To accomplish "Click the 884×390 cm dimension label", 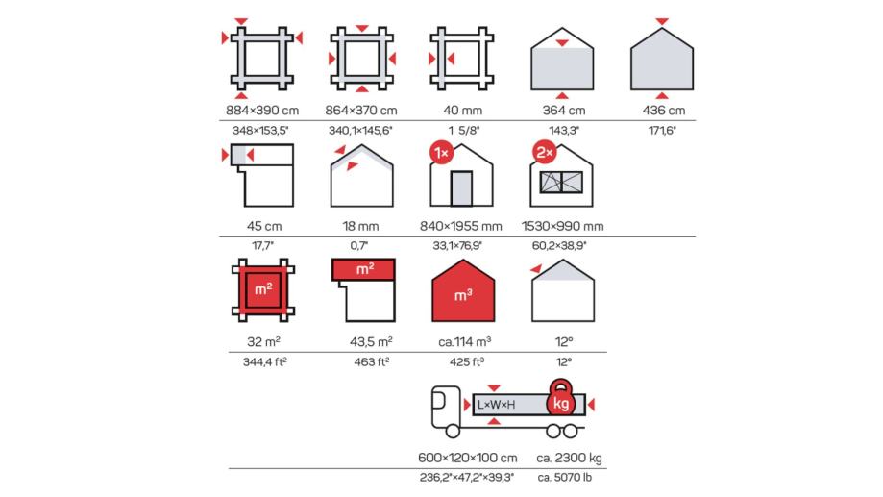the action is pos(262,111).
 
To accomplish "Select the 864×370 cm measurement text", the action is pos(361,111).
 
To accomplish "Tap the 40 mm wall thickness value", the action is pos(462,111).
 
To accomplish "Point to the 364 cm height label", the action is pos(564,111).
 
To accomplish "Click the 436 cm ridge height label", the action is pos(663,111).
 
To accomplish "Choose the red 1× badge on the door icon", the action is pos(442,153).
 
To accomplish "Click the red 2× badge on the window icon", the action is pos(545,152).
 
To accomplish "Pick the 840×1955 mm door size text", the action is pos(460,226).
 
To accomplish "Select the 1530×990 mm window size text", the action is pos(563,226).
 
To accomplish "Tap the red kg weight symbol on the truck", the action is pos(560,398).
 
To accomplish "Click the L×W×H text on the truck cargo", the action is pos(496,405).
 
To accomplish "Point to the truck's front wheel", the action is pos(453,431).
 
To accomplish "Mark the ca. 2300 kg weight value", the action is pos(569,459).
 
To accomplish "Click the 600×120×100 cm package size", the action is pos(467,458).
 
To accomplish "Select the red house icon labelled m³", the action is pos(463,290).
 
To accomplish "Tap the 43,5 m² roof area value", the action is pos(371,341).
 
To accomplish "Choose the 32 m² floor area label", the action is pos(263,341).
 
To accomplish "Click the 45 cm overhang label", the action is pos(264,226).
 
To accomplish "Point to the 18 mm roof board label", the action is pos(360,226).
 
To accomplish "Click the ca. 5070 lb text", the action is pos(565,477).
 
